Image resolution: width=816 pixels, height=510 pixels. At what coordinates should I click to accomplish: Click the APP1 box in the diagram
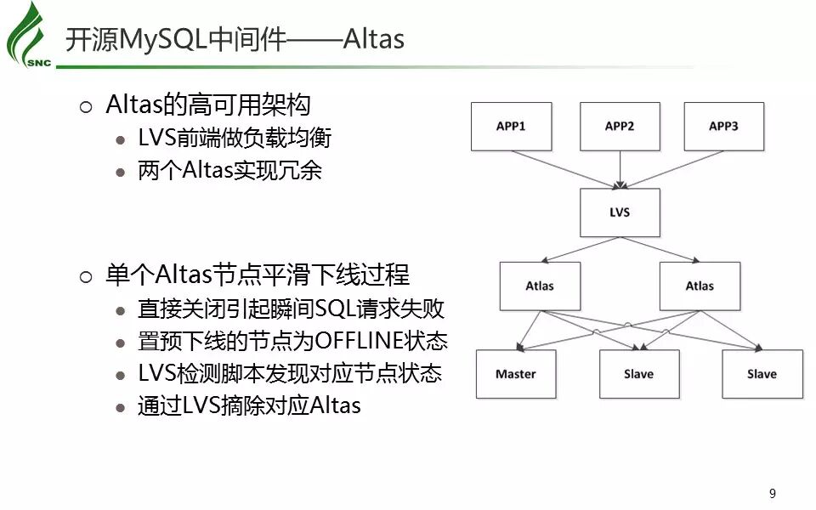[511, 127]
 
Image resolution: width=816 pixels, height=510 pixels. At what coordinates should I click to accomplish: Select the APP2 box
[620, 127]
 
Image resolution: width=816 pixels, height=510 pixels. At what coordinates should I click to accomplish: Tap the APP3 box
[724, 127]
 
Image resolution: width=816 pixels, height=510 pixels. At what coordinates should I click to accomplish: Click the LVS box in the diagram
[620, 212]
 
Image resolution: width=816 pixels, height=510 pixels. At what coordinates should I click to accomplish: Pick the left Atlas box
[540, 286]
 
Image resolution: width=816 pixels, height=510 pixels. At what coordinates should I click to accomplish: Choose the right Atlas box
[700, 286]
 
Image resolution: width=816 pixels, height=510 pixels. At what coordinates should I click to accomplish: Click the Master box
[516, 374]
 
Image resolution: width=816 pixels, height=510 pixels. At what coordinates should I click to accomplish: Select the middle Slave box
[638, 374]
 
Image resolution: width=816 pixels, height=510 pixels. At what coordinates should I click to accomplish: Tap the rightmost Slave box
[762, 374]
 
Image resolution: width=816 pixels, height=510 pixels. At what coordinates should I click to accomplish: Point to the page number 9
[773, 494]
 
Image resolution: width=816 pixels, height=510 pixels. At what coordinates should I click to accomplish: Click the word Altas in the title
[373, 40]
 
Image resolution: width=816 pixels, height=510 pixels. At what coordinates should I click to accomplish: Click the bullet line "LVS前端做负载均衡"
[235, 139]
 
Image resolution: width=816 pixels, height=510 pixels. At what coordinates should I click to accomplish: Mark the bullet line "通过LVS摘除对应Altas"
[249, 405]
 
